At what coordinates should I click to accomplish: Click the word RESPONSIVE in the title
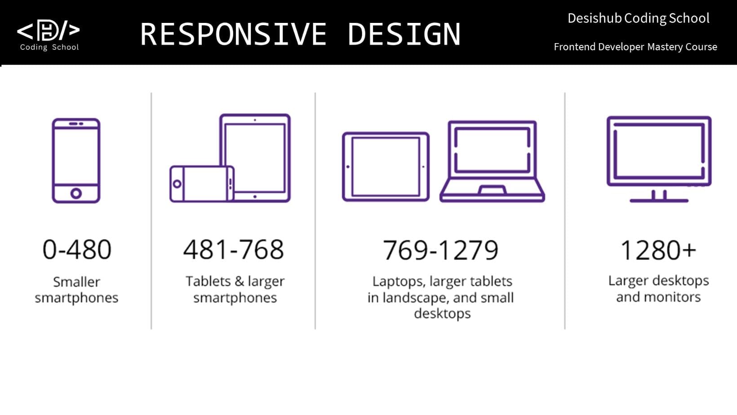233,34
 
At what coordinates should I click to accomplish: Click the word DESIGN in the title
404,34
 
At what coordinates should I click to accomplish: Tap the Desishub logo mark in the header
49,30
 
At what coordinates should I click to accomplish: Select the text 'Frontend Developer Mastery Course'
635,47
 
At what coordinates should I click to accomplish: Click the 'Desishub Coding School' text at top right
638,18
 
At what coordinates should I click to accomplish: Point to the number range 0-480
77,249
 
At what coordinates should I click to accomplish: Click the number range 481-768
233,249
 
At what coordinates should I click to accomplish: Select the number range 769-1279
440,250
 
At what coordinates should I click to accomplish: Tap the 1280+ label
658,250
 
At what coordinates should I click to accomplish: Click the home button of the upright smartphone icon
76,194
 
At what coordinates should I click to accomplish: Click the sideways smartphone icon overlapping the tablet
202,184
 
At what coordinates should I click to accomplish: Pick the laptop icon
492,161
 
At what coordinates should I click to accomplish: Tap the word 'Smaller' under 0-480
77,282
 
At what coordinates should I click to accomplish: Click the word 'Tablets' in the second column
208,281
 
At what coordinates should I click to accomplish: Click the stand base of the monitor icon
659,201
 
